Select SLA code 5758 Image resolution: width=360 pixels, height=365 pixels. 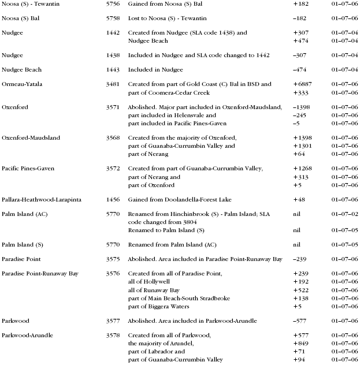[113, 18]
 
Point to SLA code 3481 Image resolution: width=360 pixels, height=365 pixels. [113, 84]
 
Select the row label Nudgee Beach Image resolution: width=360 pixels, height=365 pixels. [21, 70]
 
